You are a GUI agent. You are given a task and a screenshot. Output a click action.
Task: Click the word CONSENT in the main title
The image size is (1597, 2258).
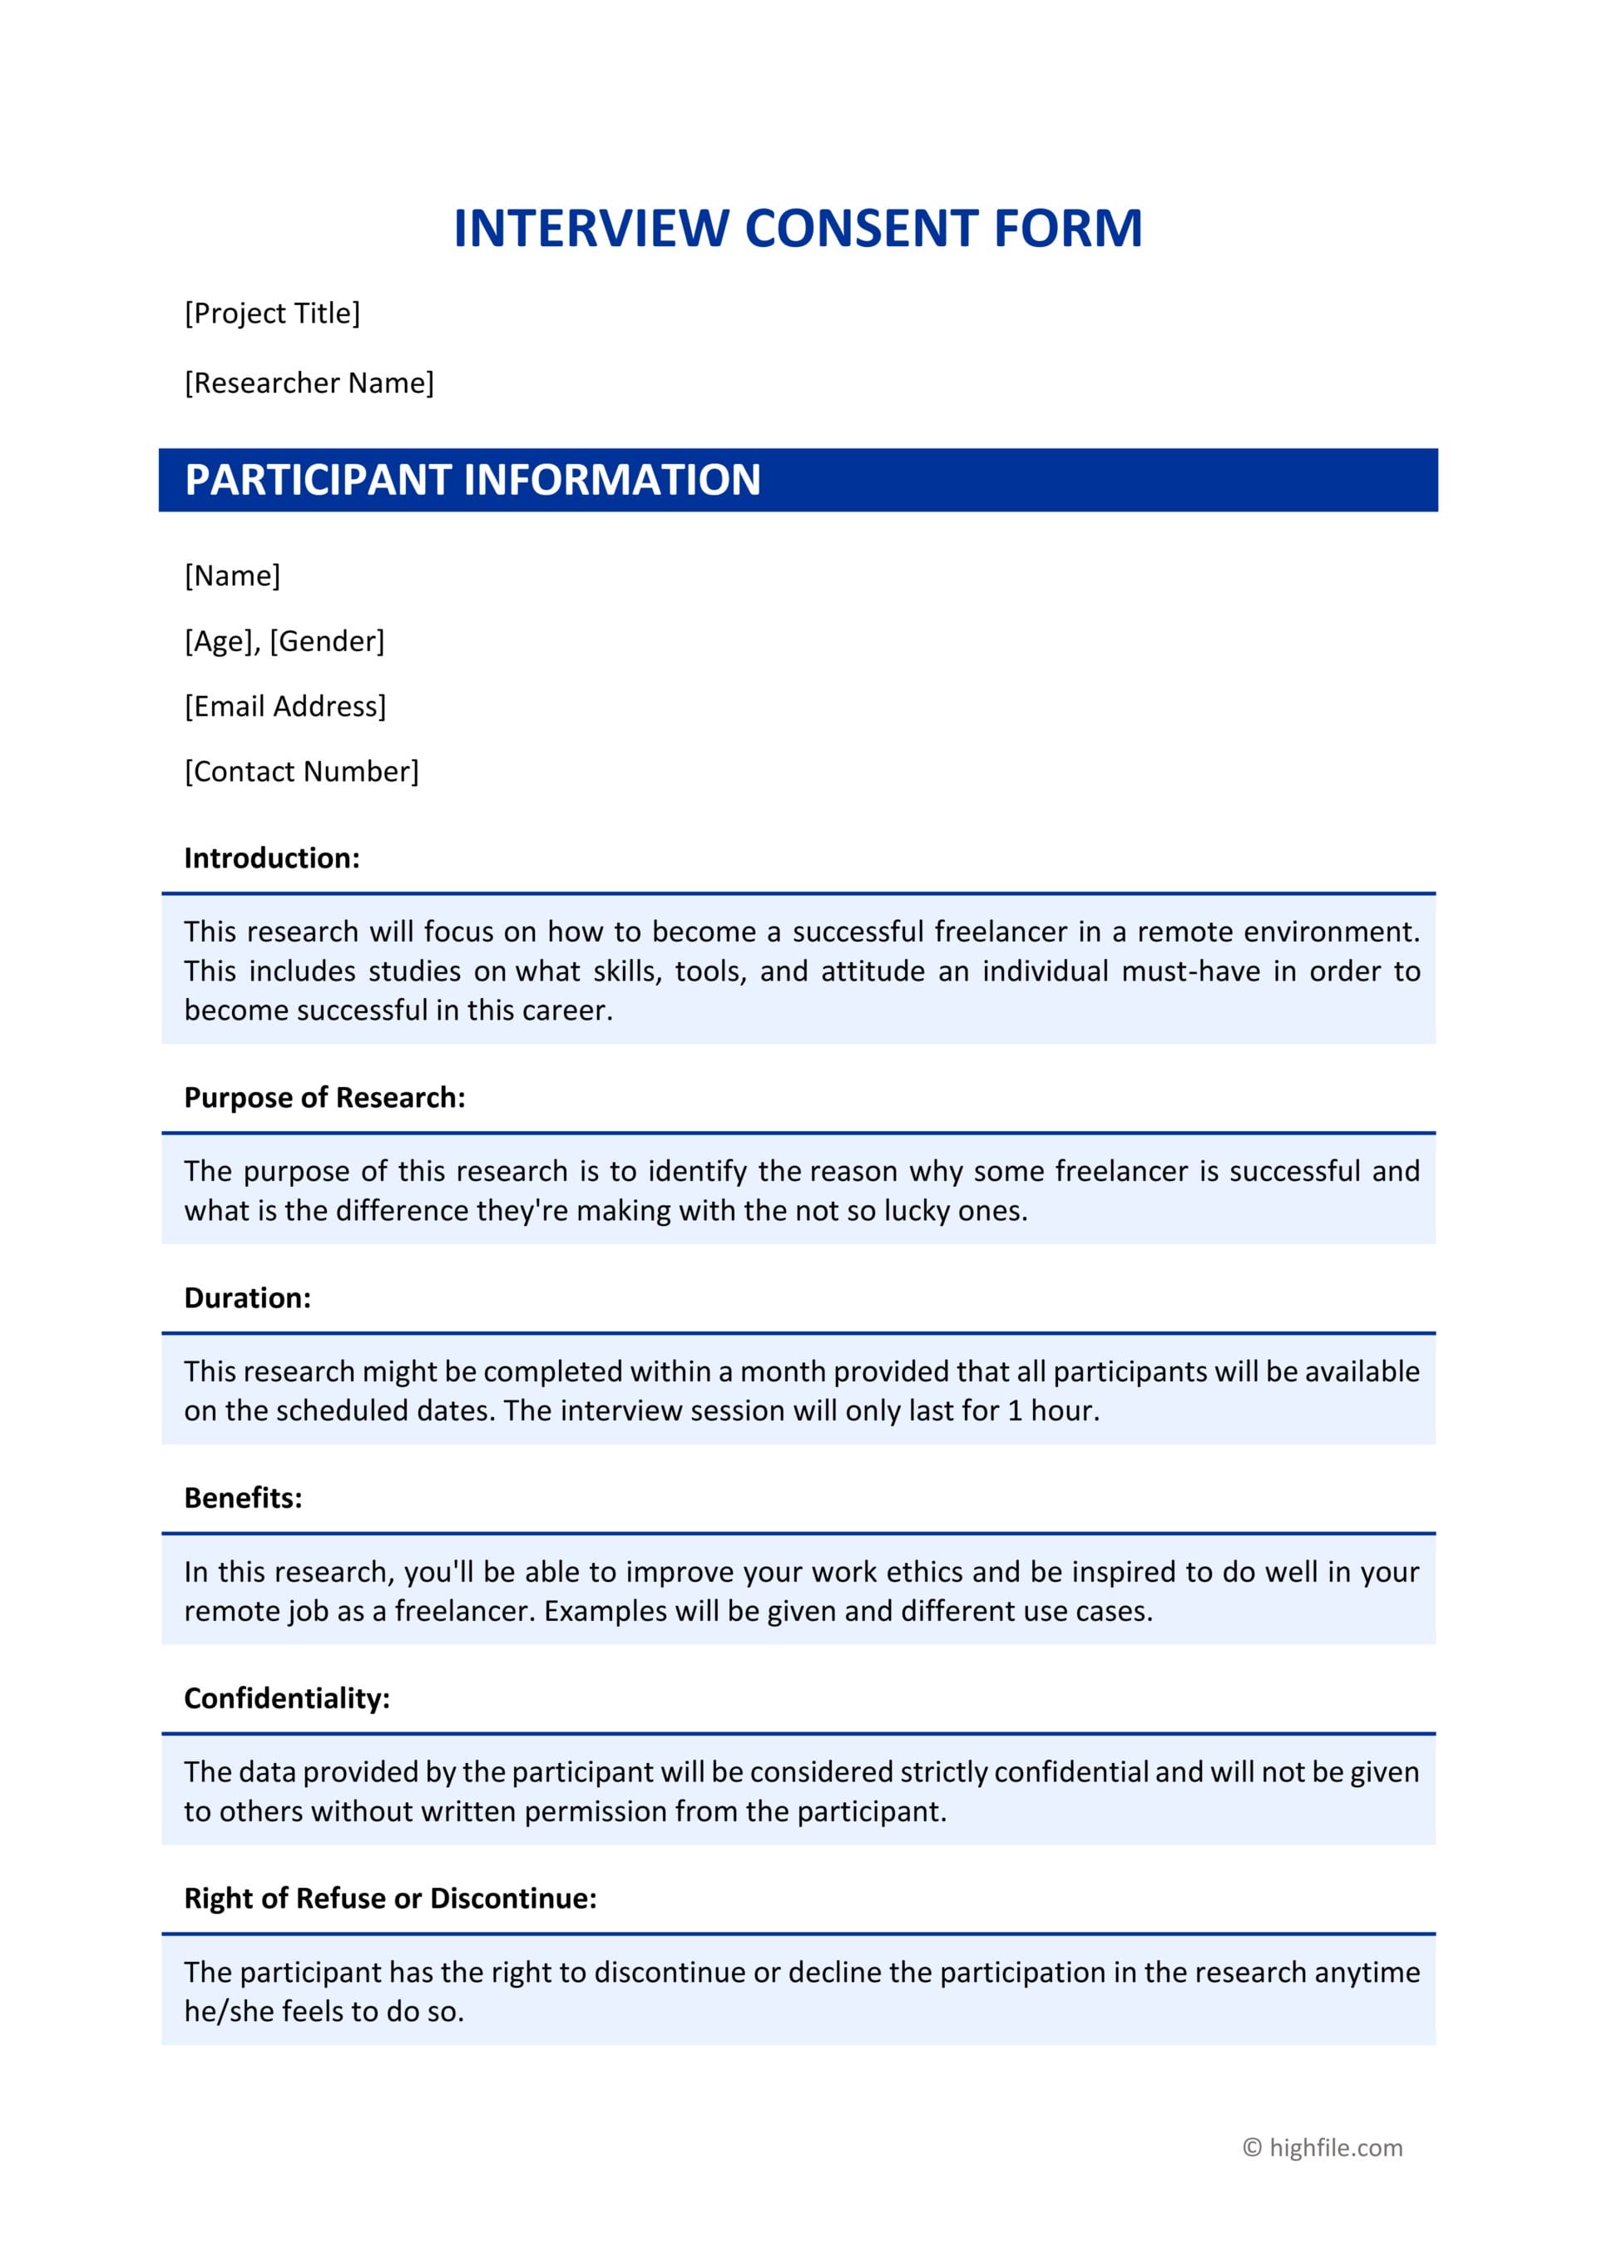point(860,228)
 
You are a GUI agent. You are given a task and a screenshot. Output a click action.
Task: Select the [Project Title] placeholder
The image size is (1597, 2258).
point(272,313)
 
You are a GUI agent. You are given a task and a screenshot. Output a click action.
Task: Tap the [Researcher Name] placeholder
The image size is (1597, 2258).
point(309,383)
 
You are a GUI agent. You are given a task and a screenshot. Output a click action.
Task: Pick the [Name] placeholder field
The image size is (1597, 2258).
point(232,576)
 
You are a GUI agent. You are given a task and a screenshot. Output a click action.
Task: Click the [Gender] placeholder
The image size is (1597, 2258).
point(327,641)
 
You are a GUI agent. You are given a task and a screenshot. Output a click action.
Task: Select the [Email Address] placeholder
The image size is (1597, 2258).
point(285,706)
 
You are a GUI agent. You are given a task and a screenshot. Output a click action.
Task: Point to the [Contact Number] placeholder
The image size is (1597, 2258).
point(301,771)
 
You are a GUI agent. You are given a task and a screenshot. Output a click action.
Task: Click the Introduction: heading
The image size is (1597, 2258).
point(271,857)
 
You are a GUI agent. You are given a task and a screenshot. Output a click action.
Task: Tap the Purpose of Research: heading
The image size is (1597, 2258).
point(324,1098)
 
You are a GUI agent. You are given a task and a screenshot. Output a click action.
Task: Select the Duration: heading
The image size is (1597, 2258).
point(247,1298)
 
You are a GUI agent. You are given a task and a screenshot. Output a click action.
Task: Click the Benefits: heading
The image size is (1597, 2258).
point(243,1498)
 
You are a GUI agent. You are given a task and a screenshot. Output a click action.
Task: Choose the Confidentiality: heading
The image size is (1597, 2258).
point(287,1698)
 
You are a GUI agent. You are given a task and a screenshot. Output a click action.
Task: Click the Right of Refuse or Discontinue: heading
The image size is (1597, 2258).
point(390,1898)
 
